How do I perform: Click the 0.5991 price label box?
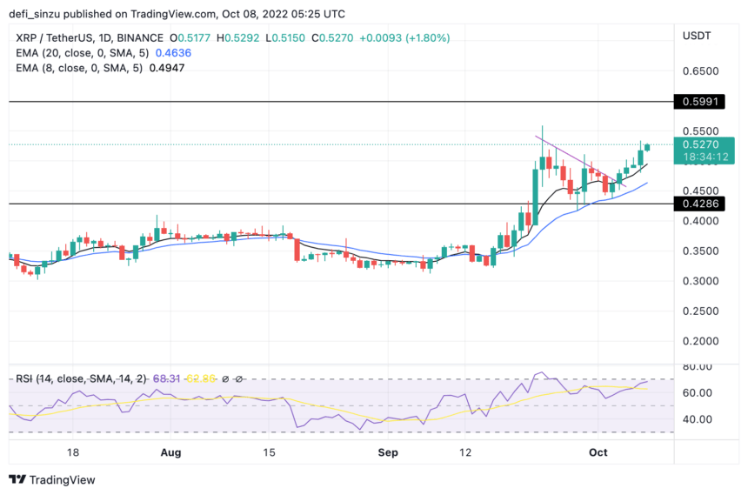click(x=705, y=102)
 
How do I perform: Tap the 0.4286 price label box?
click(x=705, y=204)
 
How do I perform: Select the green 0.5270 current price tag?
click(x=705, y=145)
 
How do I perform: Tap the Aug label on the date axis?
click(x=171, y=452)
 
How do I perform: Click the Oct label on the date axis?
click(x=598, y=452)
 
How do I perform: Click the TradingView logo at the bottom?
click(x=52, y=479)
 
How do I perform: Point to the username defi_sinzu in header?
click(x=38, y=15)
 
